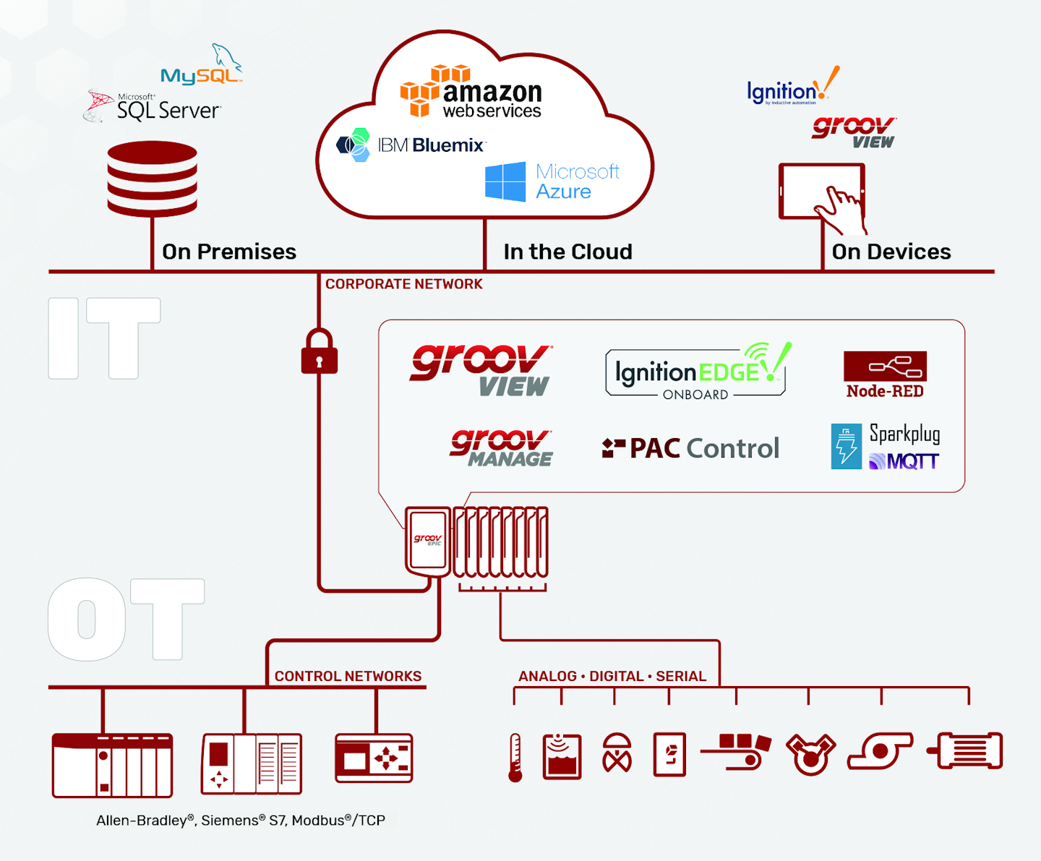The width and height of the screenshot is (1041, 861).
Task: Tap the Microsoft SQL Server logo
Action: click(153, 107)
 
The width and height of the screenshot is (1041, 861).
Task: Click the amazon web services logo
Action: click(471, 93)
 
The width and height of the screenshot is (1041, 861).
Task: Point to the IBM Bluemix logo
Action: click(411, 145)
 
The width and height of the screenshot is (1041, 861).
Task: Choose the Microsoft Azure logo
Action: click(552, 181)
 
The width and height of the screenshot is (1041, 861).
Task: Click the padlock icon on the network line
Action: click(319, 353)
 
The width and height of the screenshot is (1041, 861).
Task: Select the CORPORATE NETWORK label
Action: click(403, 284)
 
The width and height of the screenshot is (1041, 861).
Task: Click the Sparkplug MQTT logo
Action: click(886, 446)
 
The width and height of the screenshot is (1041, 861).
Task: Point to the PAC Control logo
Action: click(690, 448)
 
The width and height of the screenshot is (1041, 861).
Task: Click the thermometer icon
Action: click(515, 758)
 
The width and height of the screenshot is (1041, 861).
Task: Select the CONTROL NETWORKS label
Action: click(348, 676)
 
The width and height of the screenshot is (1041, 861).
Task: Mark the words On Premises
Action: click(229, 252)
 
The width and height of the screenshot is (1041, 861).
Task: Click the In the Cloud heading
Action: click(567, 252)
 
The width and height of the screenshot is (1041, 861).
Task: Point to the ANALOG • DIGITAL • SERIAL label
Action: click(612, 676)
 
